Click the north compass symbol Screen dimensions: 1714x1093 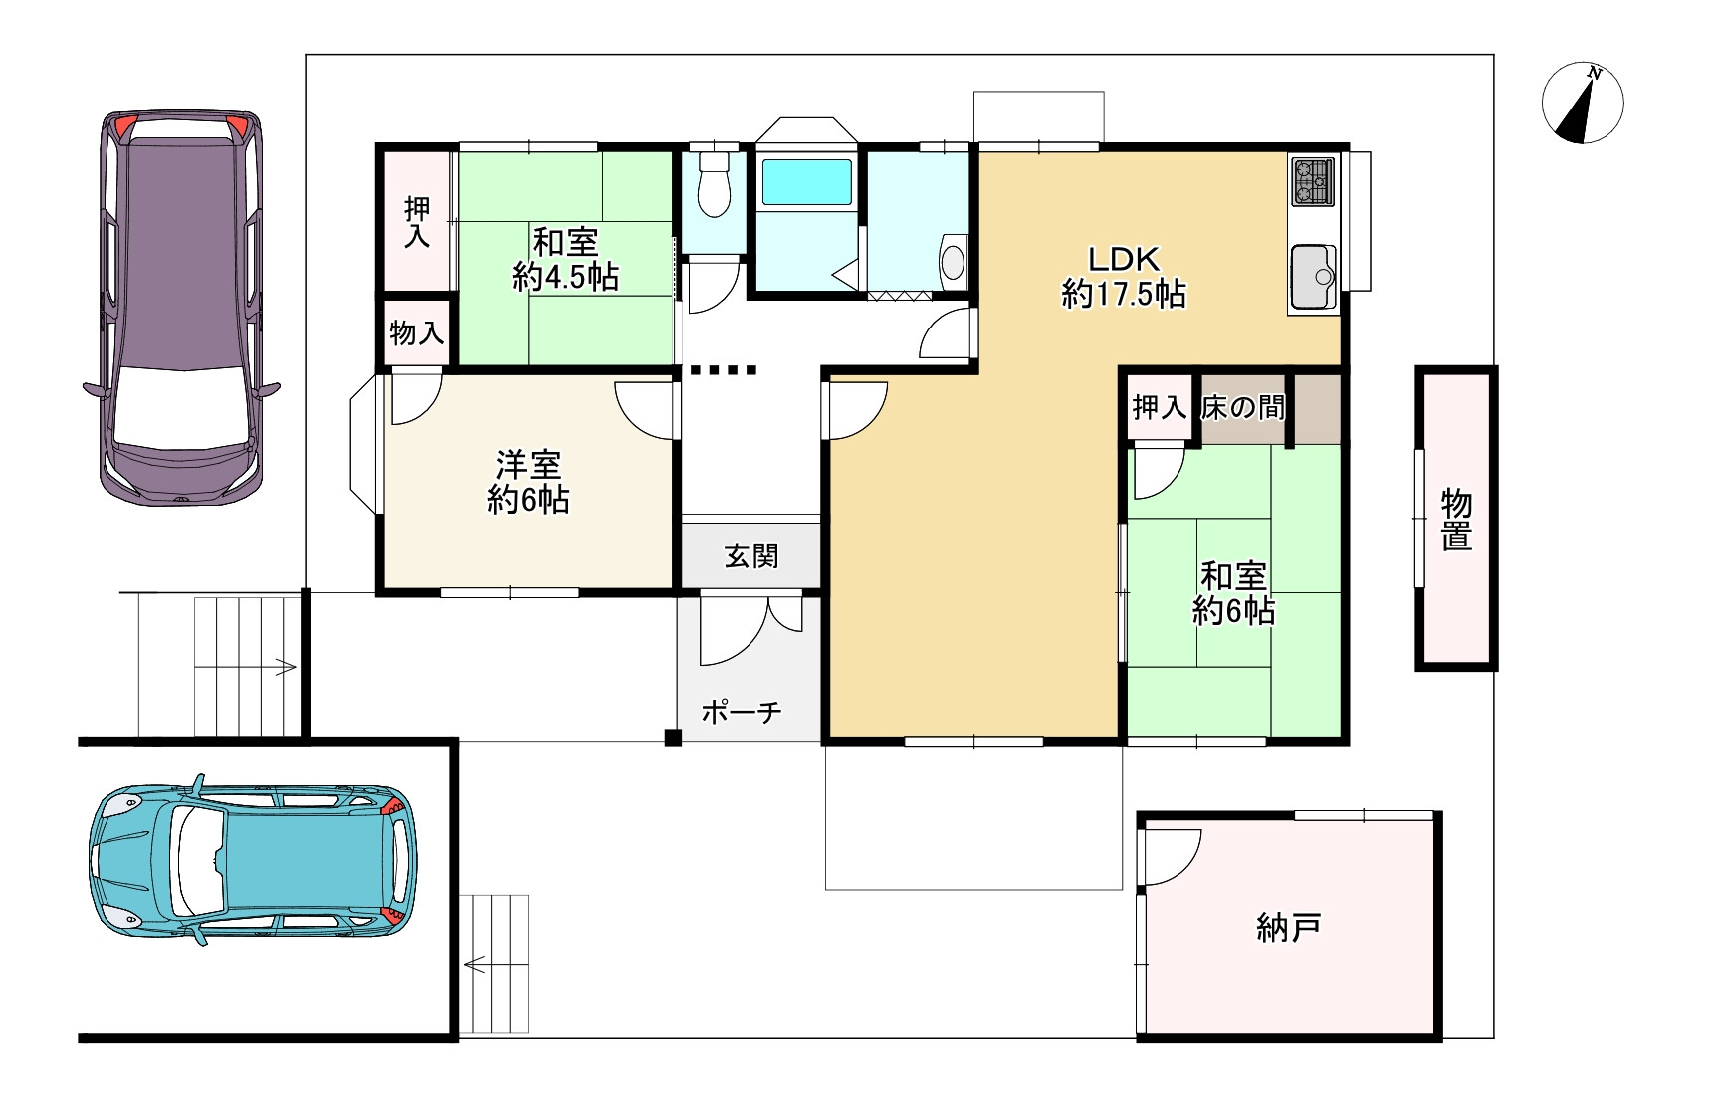pyautogui.click(x=1583, y=104)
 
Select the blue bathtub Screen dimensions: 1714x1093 pyautogui.click(x=806, y=182)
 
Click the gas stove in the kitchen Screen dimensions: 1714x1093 pyautogui.click(x=1313, y=181)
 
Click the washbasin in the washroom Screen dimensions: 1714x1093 pyautogui.click(x=953, y=261)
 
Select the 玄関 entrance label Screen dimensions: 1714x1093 pyautogui.click(x=751, y=555)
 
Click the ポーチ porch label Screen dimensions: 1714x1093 pyautogui.click(x=742, y=712)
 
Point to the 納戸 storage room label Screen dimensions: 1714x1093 pyautogui.click(x=1289, y=928)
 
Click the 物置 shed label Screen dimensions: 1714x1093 pyautogui.click(x=1457, y=520)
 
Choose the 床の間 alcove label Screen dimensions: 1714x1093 pyautogui.click(x=1243, y=407)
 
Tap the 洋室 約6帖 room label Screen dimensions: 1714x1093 pyautogui.click(x=529, y=482)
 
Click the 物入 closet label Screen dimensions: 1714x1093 pyautogui.click(x=417, y=332)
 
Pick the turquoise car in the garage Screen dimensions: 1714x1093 pyautogui.click(x=253, y=859)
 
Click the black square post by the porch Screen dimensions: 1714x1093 pyautogui.click(x=673, y=738)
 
